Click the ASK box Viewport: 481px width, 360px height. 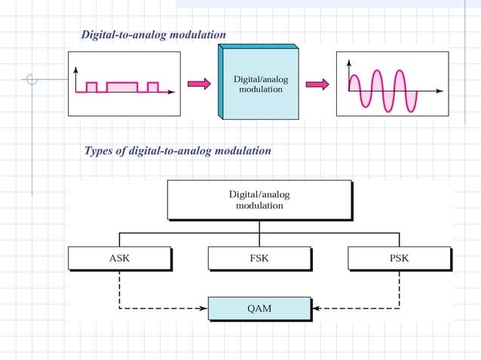click(x=119, y=258)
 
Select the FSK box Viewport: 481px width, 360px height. click(x=259, y=258)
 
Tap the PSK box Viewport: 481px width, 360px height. click(x=399, y=258)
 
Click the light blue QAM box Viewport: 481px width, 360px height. click(x=259, y=307)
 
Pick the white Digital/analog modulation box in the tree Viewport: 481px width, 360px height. click(x=259, y=200)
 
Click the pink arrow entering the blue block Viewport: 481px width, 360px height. click(x=198, y=84)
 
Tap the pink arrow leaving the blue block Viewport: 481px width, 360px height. click(x=317, y=84)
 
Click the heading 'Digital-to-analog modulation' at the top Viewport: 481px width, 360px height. click(x=153, y=35)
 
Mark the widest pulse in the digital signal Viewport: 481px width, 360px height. click(x=122, y=87)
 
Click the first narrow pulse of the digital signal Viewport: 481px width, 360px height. click(x=92, y=87)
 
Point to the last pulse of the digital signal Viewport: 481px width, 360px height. click(x=153, y=87)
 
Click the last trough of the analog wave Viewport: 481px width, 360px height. click(x=411, y=107)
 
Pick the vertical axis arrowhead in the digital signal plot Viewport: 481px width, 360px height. click(x=76, y=69)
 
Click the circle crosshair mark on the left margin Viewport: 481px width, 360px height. click(x=31, y=78)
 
